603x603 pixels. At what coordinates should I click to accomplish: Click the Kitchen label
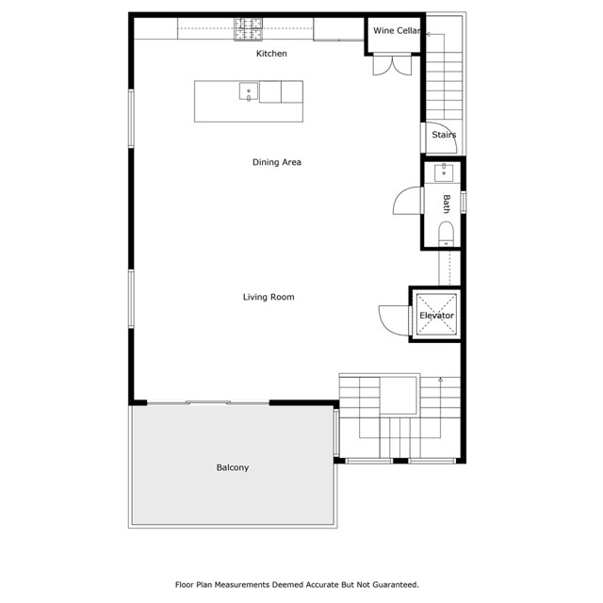271,54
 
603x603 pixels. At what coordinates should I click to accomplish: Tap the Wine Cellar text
396,31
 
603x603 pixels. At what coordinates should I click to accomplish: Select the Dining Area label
276,162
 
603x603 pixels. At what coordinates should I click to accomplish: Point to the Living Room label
269,297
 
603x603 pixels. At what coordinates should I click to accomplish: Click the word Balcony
232,467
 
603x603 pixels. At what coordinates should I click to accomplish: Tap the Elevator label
436,316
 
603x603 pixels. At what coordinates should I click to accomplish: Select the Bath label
447,204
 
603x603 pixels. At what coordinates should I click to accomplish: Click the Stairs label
444,135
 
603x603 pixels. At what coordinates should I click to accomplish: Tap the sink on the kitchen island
250,91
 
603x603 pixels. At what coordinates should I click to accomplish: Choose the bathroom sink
444,173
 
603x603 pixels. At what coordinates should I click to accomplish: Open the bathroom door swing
406,203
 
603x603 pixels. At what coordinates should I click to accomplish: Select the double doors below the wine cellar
386,64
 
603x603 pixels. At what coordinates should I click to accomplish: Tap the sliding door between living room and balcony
208,403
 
